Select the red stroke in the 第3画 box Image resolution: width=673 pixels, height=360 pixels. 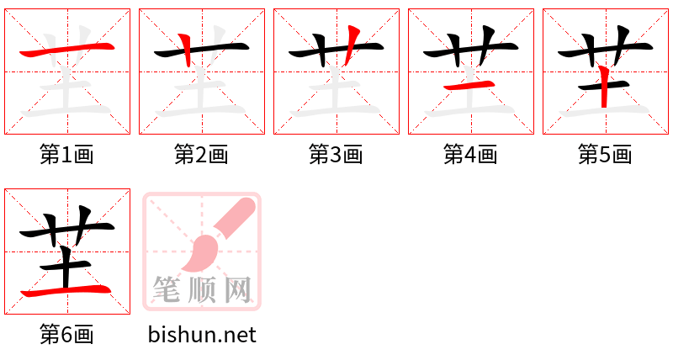352,42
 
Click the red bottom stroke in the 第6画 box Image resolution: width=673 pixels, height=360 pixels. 67,291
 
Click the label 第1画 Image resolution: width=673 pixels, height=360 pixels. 66,155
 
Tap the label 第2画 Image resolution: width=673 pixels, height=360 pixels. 201,155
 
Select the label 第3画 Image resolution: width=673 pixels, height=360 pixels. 336,155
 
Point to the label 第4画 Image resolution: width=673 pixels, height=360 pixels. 470,155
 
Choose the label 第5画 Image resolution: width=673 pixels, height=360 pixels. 605,155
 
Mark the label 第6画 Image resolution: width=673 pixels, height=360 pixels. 66,335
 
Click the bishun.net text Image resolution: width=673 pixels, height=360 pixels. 202,335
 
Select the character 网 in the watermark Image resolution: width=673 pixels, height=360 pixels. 239,291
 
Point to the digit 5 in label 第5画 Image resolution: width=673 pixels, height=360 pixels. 605,155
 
